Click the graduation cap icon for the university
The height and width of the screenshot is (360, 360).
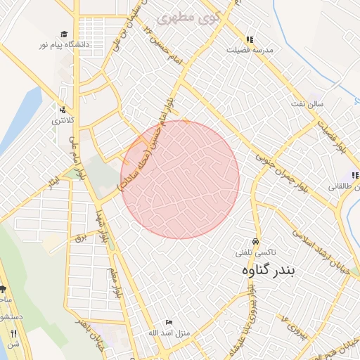[64, 34]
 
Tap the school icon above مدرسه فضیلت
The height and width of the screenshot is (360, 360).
[249, 40]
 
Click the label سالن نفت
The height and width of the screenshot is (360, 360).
[307, 104]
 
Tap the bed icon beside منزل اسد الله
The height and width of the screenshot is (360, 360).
[168, 322]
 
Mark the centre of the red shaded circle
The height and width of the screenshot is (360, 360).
[180, 179]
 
